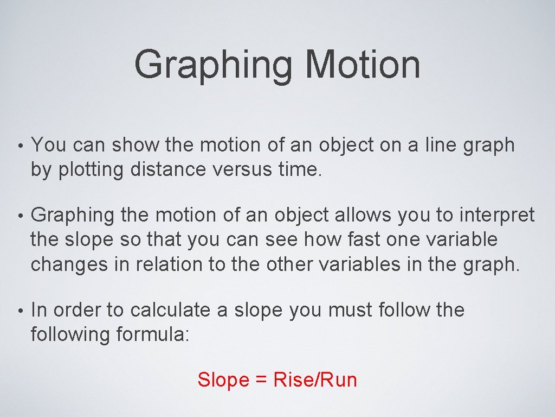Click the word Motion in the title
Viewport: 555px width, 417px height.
click(363, 64)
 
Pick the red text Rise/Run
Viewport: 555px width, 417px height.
click(315, 380)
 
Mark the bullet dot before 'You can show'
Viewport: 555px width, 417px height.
click(19, 147)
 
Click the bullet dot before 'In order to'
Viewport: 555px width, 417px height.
click(19, 311)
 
